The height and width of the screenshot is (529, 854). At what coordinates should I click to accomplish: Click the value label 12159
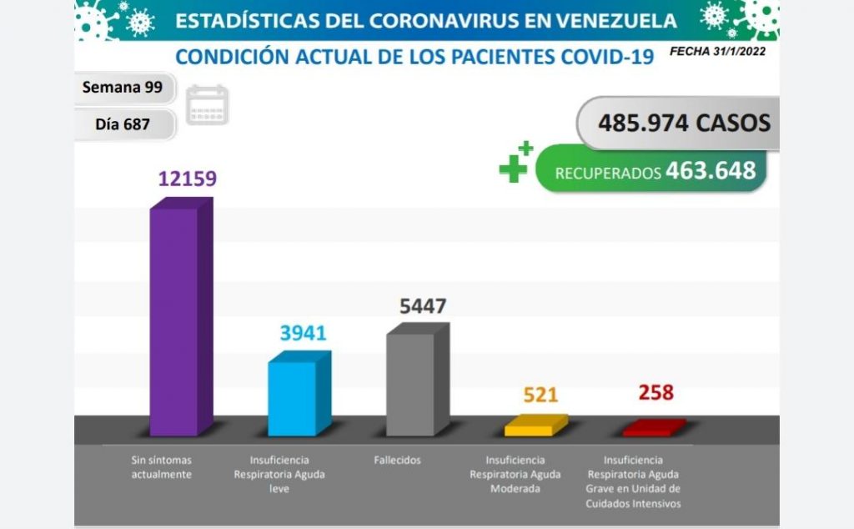point(188,179)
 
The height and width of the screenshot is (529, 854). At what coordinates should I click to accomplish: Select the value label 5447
point(423,306)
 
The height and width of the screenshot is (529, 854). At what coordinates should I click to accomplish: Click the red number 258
point(656,392)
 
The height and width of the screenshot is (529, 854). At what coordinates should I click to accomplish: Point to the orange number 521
point(540,395)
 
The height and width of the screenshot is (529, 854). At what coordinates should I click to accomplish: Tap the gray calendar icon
point(207,105)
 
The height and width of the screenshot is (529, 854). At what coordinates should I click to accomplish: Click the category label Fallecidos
point(399,460)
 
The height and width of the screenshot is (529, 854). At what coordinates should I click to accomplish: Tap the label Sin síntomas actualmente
point(162,466)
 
